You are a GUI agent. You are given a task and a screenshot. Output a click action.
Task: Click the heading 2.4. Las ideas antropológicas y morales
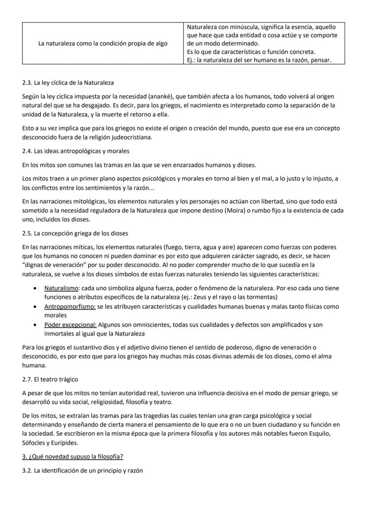tap(76, 151)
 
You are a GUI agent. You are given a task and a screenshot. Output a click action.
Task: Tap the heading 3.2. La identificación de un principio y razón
tap(83, 471)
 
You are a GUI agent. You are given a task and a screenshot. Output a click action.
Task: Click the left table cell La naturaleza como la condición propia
tap(103, 44)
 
